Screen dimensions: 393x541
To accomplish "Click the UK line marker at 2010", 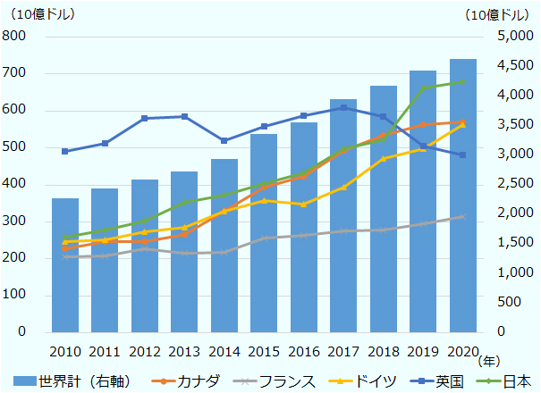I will click(x=65, y=151).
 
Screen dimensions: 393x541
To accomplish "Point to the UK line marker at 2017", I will click(x=343, y=107).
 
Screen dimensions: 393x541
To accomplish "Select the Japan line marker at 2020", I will click(x=462, y=81).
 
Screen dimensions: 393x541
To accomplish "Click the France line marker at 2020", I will click(x=462, y=216).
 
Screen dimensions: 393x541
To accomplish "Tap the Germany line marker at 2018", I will click(x=384, y=158).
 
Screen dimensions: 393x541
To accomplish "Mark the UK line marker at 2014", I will click(x=224, y=141).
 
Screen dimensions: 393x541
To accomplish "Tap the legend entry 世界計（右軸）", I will click(x=76, y=381).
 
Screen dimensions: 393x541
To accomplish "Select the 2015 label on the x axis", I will click(x=264, y=350).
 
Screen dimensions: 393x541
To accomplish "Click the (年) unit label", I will click(x=490, y=362).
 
